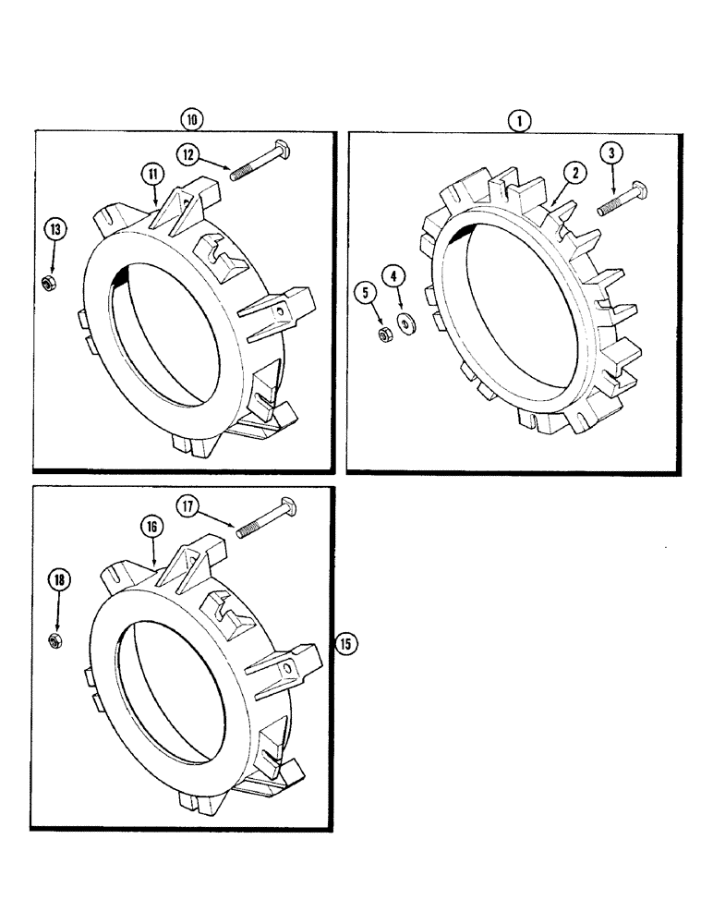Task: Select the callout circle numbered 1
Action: pos(519,119)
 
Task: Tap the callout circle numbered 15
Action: pos(345,644)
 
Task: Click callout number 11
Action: pos(151,173)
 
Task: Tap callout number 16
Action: pos(152,526)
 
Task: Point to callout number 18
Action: pos(59,580)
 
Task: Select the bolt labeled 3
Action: pos(622,199)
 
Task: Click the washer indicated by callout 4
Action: pos(405,323)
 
